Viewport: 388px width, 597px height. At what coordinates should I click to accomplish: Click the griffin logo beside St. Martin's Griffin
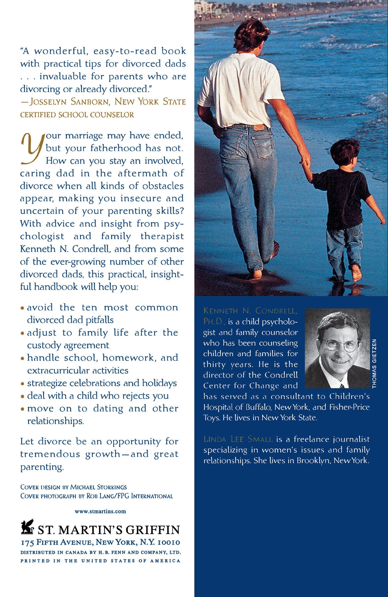(x=27, y=527)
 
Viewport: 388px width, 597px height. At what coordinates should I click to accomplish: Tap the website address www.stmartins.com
(x=100, y=511)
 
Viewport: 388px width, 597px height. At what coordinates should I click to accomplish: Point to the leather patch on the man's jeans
(x=259, y=128)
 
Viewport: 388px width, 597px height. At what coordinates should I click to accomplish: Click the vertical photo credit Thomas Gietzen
(x=374, y=363)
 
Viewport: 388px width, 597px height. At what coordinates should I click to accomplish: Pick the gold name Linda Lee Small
(x=238, y=439)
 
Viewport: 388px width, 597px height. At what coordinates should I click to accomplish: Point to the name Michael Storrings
(x=98, y=487)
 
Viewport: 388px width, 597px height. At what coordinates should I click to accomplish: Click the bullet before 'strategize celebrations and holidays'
(x=22, y=384)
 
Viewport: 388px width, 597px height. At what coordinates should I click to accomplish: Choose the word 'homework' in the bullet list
(x=127, y=358)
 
